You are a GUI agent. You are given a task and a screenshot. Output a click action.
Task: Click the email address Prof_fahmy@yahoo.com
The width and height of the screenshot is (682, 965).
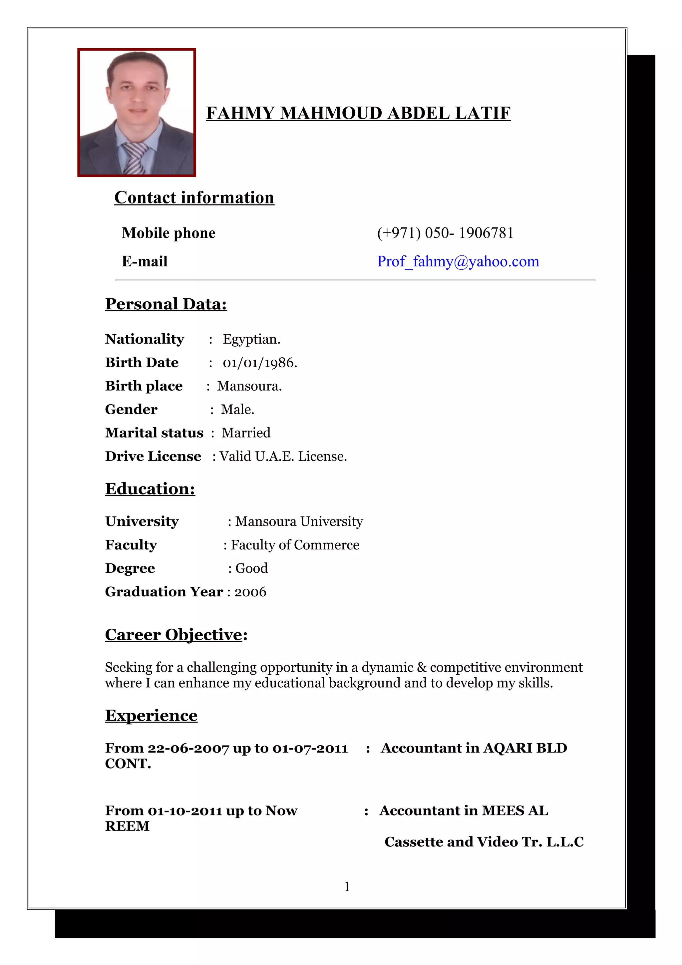pos(458,261)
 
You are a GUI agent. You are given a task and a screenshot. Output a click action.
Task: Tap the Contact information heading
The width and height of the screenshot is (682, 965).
pos(194,197)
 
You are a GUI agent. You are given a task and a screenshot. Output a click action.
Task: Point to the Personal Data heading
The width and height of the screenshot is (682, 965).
pos(166,304)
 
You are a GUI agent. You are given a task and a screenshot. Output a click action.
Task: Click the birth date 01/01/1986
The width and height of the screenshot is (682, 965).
pos(259,363)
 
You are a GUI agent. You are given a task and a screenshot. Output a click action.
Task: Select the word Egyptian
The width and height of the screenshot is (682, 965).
pos(251,339)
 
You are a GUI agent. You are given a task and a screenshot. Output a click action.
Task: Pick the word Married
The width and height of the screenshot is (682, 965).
pos(246,433)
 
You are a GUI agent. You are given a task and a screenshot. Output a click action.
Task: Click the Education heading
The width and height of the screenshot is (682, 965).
pos(150,489)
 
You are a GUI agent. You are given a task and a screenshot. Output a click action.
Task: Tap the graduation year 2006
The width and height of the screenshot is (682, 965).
pos(250,592)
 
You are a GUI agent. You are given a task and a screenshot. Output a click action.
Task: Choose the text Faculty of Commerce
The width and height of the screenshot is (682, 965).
pos(295,545)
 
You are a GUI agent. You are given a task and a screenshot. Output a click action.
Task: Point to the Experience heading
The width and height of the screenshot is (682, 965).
pos(151,715)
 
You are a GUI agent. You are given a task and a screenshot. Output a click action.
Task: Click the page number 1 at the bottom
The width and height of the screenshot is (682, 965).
pos(347,886)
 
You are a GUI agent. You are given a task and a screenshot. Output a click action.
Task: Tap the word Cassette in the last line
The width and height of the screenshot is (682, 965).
pos(414,842)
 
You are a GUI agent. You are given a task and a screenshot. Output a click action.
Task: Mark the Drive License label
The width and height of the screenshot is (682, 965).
pos(153,457)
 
